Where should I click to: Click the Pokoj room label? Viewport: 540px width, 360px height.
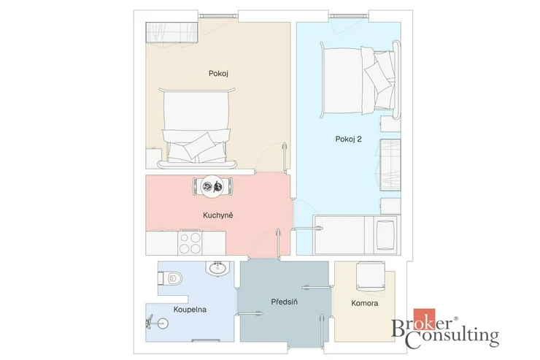pyautogui.click(x=218, y=73)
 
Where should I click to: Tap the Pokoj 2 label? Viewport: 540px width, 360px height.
pyautogui.click(x=348, y=139)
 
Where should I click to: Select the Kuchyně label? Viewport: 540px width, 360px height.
pyautogui.click(x=218, y=215)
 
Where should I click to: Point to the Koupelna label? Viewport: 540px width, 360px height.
pyautogui.click(x=190, y=310)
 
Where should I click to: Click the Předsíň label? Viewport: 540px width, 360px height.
pyautogui.click(x=284, y=302)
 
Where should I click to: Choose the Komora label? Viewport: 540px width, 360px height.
pyautogui.click(x=365, y=303)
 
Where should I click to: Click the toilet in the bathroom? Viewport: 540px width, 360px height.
pyautogui.click(x=170, y=278)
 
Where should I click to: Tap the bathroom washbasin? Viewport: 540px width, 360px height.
pyautogui.click(x=217, y=268)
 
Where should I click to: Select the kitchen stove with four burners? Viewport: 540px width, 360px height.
pyautogui.click(x=190, y=242)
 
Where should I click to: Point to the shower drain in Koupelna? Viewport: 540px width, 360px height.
pyautogui.click(x=163, y=323)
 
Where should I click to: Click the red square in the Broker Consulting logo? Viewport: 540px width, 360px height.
pyautogui.click(x=424, y=319)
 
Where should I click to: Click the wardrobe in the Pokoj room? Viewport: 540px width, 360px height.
pyautogui.click(x=171, y=32)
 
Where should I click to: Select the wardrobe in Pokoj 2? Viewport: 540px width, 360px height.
pyautogui.click(x=390, y=165)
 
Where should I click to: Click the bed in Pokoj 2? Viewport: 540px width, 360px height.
pyautogui.click(x=360, y=80)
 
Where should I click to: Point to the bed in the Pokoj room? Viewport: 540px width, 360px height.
pyautogui.click(x=196, y=128)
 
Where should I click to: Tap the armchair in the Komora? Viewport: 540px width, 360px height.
pyautogui.click(x=371, y=275)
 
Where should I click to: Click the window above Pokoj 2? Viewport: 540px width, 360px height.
pyautogui.click(x=349, y=16)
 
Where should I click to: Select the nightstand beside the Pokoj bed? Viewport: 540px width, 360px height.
pyautogui.click(x=154, y=158)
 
